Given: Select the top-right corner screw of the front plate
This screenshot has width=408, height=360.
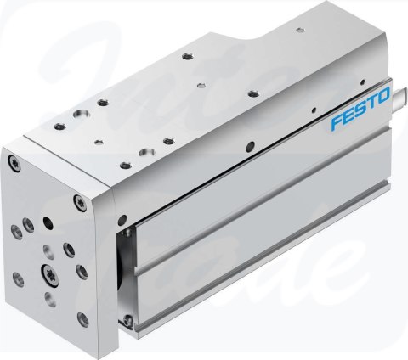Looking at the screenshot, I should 79,200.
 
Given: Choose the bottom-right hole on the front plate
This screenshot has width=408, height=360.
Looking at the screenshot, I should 82,318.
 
